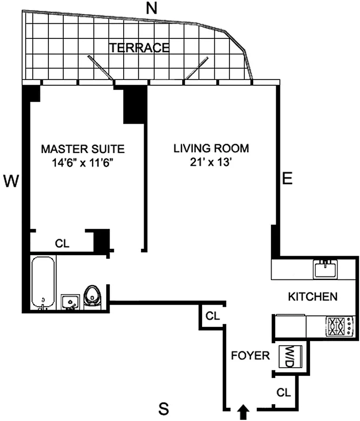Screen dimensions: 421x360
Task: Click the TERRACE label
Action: coord(139,48)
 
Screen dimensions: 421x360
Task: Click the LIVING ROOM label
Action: coord(211,148)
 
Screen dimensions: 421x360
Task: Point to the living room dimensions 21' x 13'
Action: coord(211,163)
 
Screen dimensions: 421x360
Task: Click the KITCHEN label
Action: coord(313,297)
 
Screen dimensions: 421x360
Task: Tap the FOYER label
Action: coord(251,355)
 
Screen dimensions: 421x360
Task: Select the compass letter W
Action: coord(12,182)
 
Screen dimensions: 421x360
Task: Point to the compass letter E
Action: coord(287,179)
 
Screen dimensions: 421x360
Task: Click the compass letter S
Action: coord(164,407)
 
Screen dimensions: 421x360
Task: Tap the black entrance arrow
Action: coord(243,411)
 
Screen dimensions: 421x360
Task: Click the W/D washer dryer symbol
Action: coord(290,356)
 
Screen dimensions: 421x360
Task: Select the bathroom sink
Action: coord(70,302)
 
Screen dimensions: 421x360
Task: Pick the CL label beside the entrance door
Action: coord(284,393)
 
